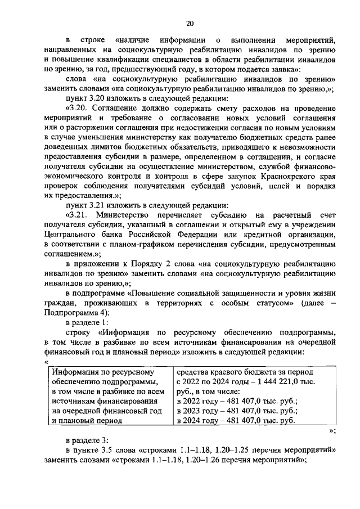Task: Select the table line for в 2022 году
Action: tap(236, 400)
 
